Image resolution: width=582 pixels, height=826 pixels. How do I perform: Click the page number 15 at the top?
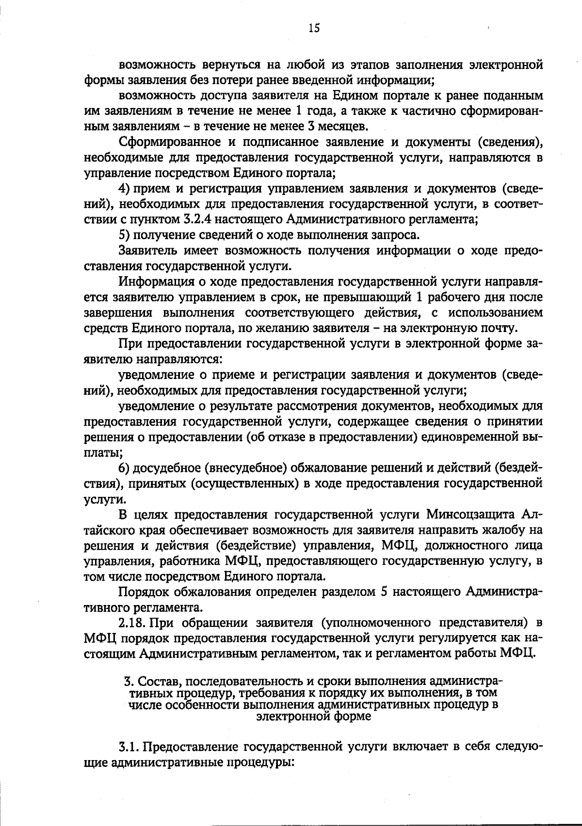pyautogui.click(x=314, y=28)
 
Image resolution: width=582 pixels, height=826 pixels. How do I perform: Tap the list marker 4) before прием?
pyautogui.click(x=124, y=188)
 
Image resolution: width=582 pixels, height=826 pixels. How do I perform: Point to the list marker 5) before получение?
pyautogui.click(x=124, y=235)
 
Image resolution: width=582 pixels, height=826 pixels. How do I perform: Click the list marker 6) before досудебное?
pyautogui.click(x=124, y=468)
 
